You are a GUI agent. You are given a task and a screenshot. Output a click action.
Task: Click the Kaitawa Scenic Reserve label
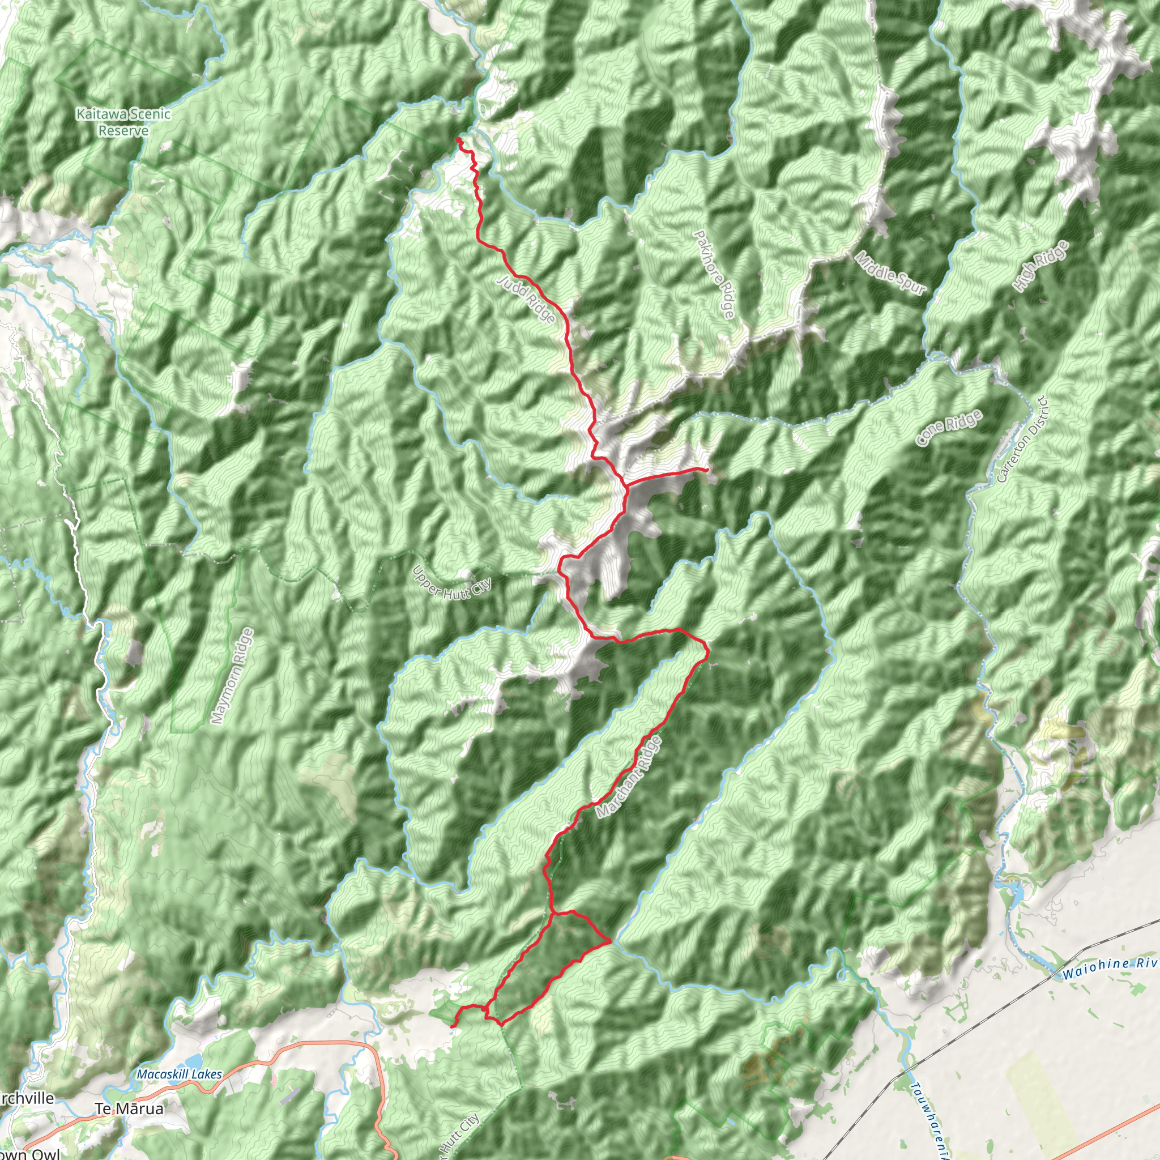123,122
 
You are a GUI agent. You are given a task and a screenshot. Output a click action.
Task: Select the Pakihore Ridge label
714,274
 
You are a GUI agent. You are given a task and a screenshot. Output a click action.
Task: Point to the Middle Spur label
890,273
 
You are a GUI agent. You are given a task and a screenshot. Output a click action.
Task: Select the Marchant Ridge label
629,777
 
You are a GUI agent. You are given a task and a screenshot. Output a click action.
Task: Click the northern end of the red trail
459,139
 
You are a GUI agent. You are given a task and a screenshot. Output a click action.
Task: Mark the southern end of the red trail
451,1026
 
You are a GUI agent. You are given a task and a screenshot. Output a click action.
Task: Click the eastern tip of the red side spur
708,468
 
